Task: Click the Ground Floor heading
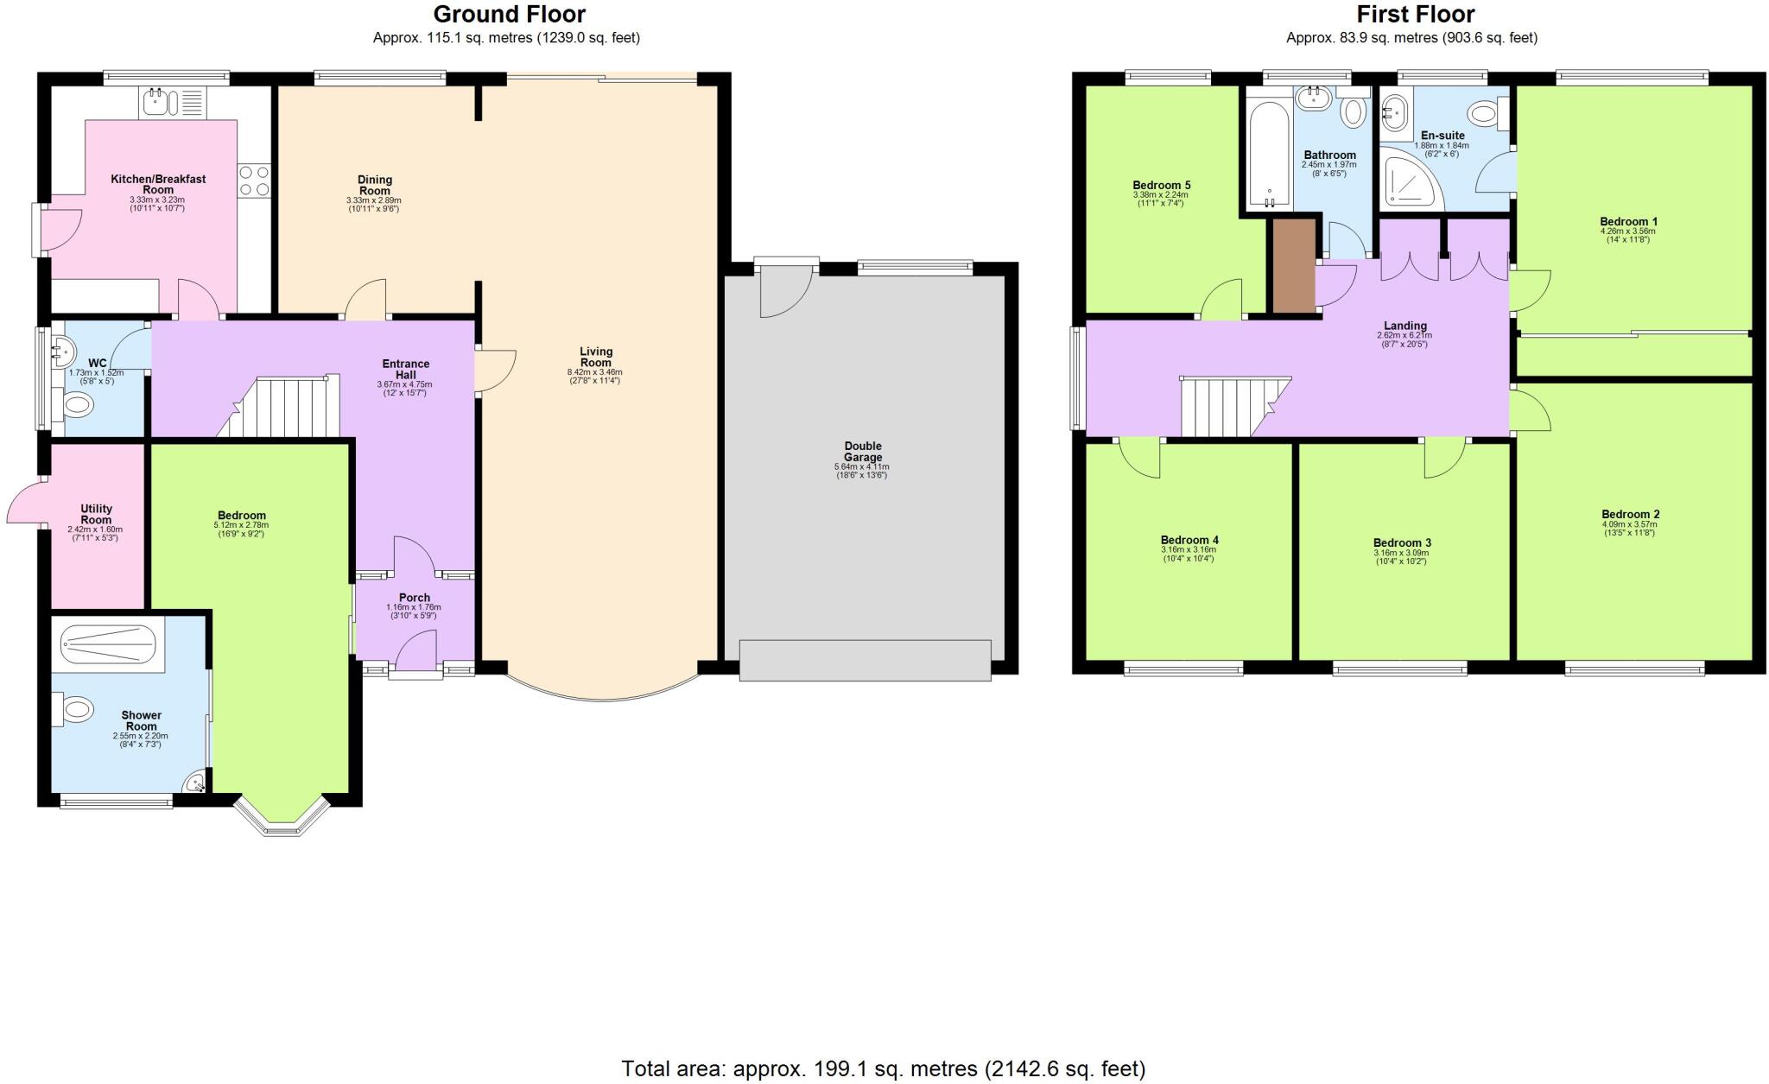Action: click(509, 15)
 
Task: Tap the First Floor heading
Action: click(1415, 15)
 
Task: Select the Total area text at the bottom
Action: click(883, 1068)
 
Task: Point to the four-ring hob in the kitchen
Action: click(254, 181)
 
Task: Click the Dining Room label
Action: click(374, 185)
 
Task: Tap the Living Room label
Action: click(595, 357)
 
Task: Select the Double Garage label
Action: click(863, 452)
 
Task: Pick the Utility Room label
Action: click(96, 514)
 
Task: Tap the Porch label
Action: click(414, 598)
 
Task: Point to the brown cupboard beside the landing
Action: click(1294, 266)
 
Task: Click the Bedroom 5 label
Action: click(1161, 185)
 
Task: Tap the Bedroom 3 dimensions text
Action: click(1401, 557)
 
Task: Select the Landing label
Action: click(1404, 326)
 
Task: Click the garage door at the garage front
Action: click(865, 660)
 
